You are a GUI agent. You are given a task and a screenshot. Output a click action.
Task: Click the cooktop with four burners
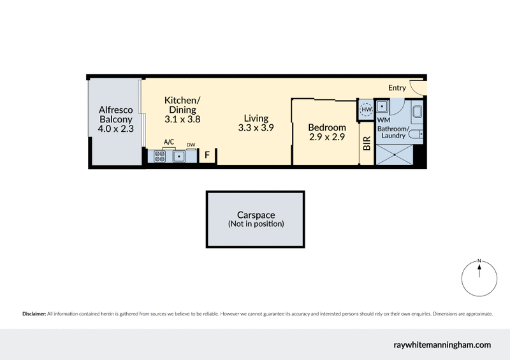coord(158,155)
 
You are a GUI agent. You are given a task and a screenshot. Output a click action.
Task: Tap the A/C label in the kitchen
coord(169,142)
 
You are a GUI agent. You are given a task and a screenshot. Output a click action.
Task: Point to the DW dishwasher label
coord(191,145)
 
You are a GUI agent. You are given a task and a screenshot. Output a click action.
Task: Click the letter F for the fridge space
coord(207,155)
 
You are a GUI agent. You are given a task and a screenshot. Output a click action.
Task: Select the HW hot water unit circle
coord(366,110)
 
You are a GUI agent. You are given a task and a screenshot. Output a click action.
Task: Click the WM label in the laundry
coord(383,120)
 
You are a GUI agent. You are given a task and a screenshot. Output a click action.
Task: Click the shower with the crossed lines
coord(393,154)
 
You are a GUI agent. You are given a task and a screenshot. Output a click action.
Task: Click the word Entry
coord(397,87)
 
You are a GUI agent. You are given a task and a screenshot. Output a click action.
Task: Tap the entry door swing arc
coord(416,88)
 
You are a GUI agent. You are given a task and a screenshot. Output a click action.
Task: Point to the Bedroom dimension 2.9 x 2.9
coord(327,137)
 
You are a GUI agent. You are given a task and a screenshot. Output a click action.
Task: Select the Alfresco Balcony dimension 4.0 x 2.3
coord(115,129)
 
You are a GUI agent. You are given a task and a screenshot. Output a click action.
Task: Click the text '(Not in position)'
coord(256,224)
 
